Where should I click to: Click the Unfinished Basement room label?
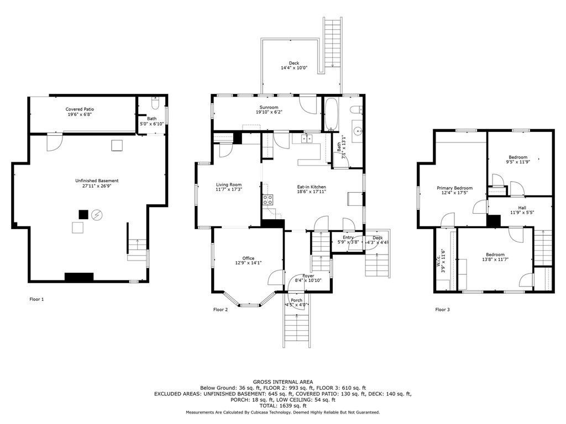[97, 181]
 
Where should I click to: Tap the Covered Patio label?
[80, 109]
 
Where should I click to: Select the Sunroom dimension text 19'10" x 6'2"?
[269, 113]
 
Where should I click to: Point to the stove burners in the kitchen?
[268, 200]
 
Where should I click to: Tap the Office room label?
[248, 258]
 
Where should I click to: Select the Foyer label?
[308, 275]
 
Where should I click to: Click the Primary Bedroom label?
[454, 188]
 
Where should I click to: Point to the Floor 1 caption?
[36, 299]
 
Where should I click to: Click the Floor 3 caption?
[442, 310]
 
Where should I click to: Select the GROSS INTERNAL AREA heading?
[282, 381]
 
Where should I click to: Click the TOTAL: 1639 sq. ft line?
[282, 406]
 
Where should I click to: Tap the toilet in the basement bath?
[155, 104]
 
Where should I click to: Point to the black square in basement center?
[83, 214]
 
